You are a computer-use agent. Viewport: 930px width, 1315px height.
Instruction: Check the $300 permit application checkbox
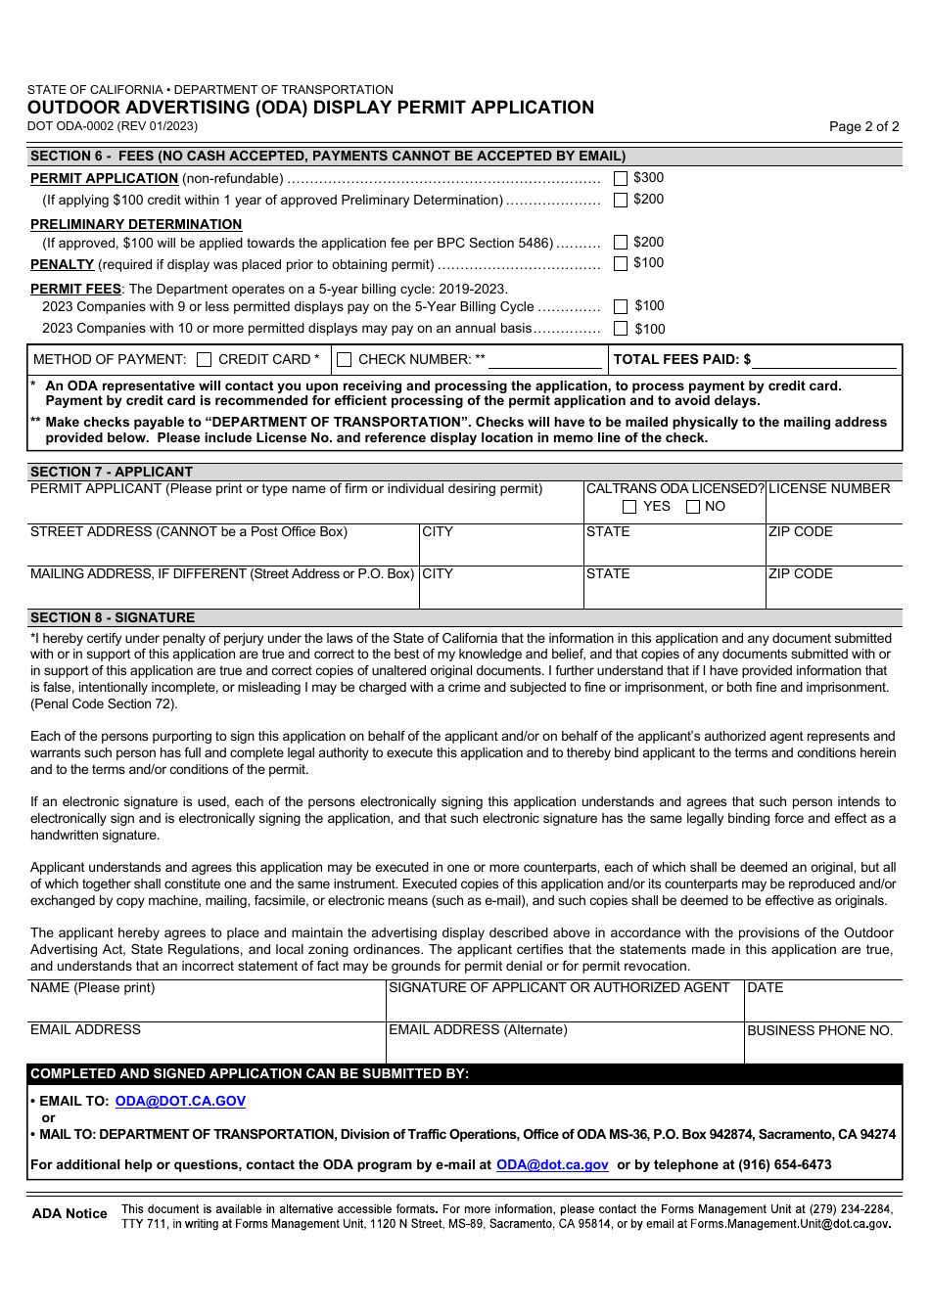(621, 178)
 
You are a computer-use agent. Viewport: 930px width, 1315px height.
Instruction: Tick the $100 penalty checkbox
(621, 263)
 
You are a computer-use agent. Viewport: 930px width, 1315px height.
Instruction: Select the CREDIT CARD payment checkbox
(205, 360)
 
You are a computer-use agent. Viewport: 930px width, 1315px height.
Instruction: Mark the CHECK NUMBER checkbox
(345, 360)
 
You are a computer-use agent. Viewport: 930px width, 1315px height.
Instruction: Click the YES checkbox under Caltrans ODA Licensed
(629, 507)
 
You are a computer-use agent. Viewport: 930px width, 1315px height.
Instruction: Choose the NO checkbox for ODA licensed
(693, 507)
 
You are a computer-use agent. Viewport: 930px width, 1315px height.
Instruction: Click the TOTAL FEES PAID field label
(681, 359)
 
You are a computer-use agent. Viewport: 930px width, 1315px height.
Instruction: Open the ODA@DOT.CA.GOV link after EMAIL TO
(180, 1101)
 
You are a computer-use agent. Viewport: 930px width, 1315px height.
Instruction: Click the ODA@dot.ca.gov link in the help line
(552, 1164)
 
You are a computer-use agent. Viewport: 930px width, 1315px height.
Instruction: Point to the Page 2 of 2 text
(863, 126)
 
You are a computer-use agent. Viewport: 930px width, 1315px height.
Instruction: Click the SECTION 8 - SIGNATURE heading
(113, 617)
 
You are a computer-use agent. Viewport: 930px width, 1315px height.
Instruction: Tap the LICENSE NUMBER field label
(829, 488)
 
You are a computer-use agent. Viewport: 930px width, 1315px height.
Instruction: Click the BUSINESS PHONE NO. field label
(819, 1030)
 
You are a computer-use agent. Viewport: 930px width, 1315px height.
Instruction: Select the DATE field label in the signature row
(766, 987)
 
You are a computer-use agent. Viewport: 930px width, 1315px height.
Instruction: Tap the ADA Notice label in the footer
(70, 1213)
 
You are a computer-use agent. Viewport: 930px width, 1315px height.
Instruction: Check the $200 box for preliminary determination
(621, 242)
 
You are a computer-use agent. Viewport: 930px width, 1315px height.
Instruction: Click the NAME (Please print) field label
(92, 987)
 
